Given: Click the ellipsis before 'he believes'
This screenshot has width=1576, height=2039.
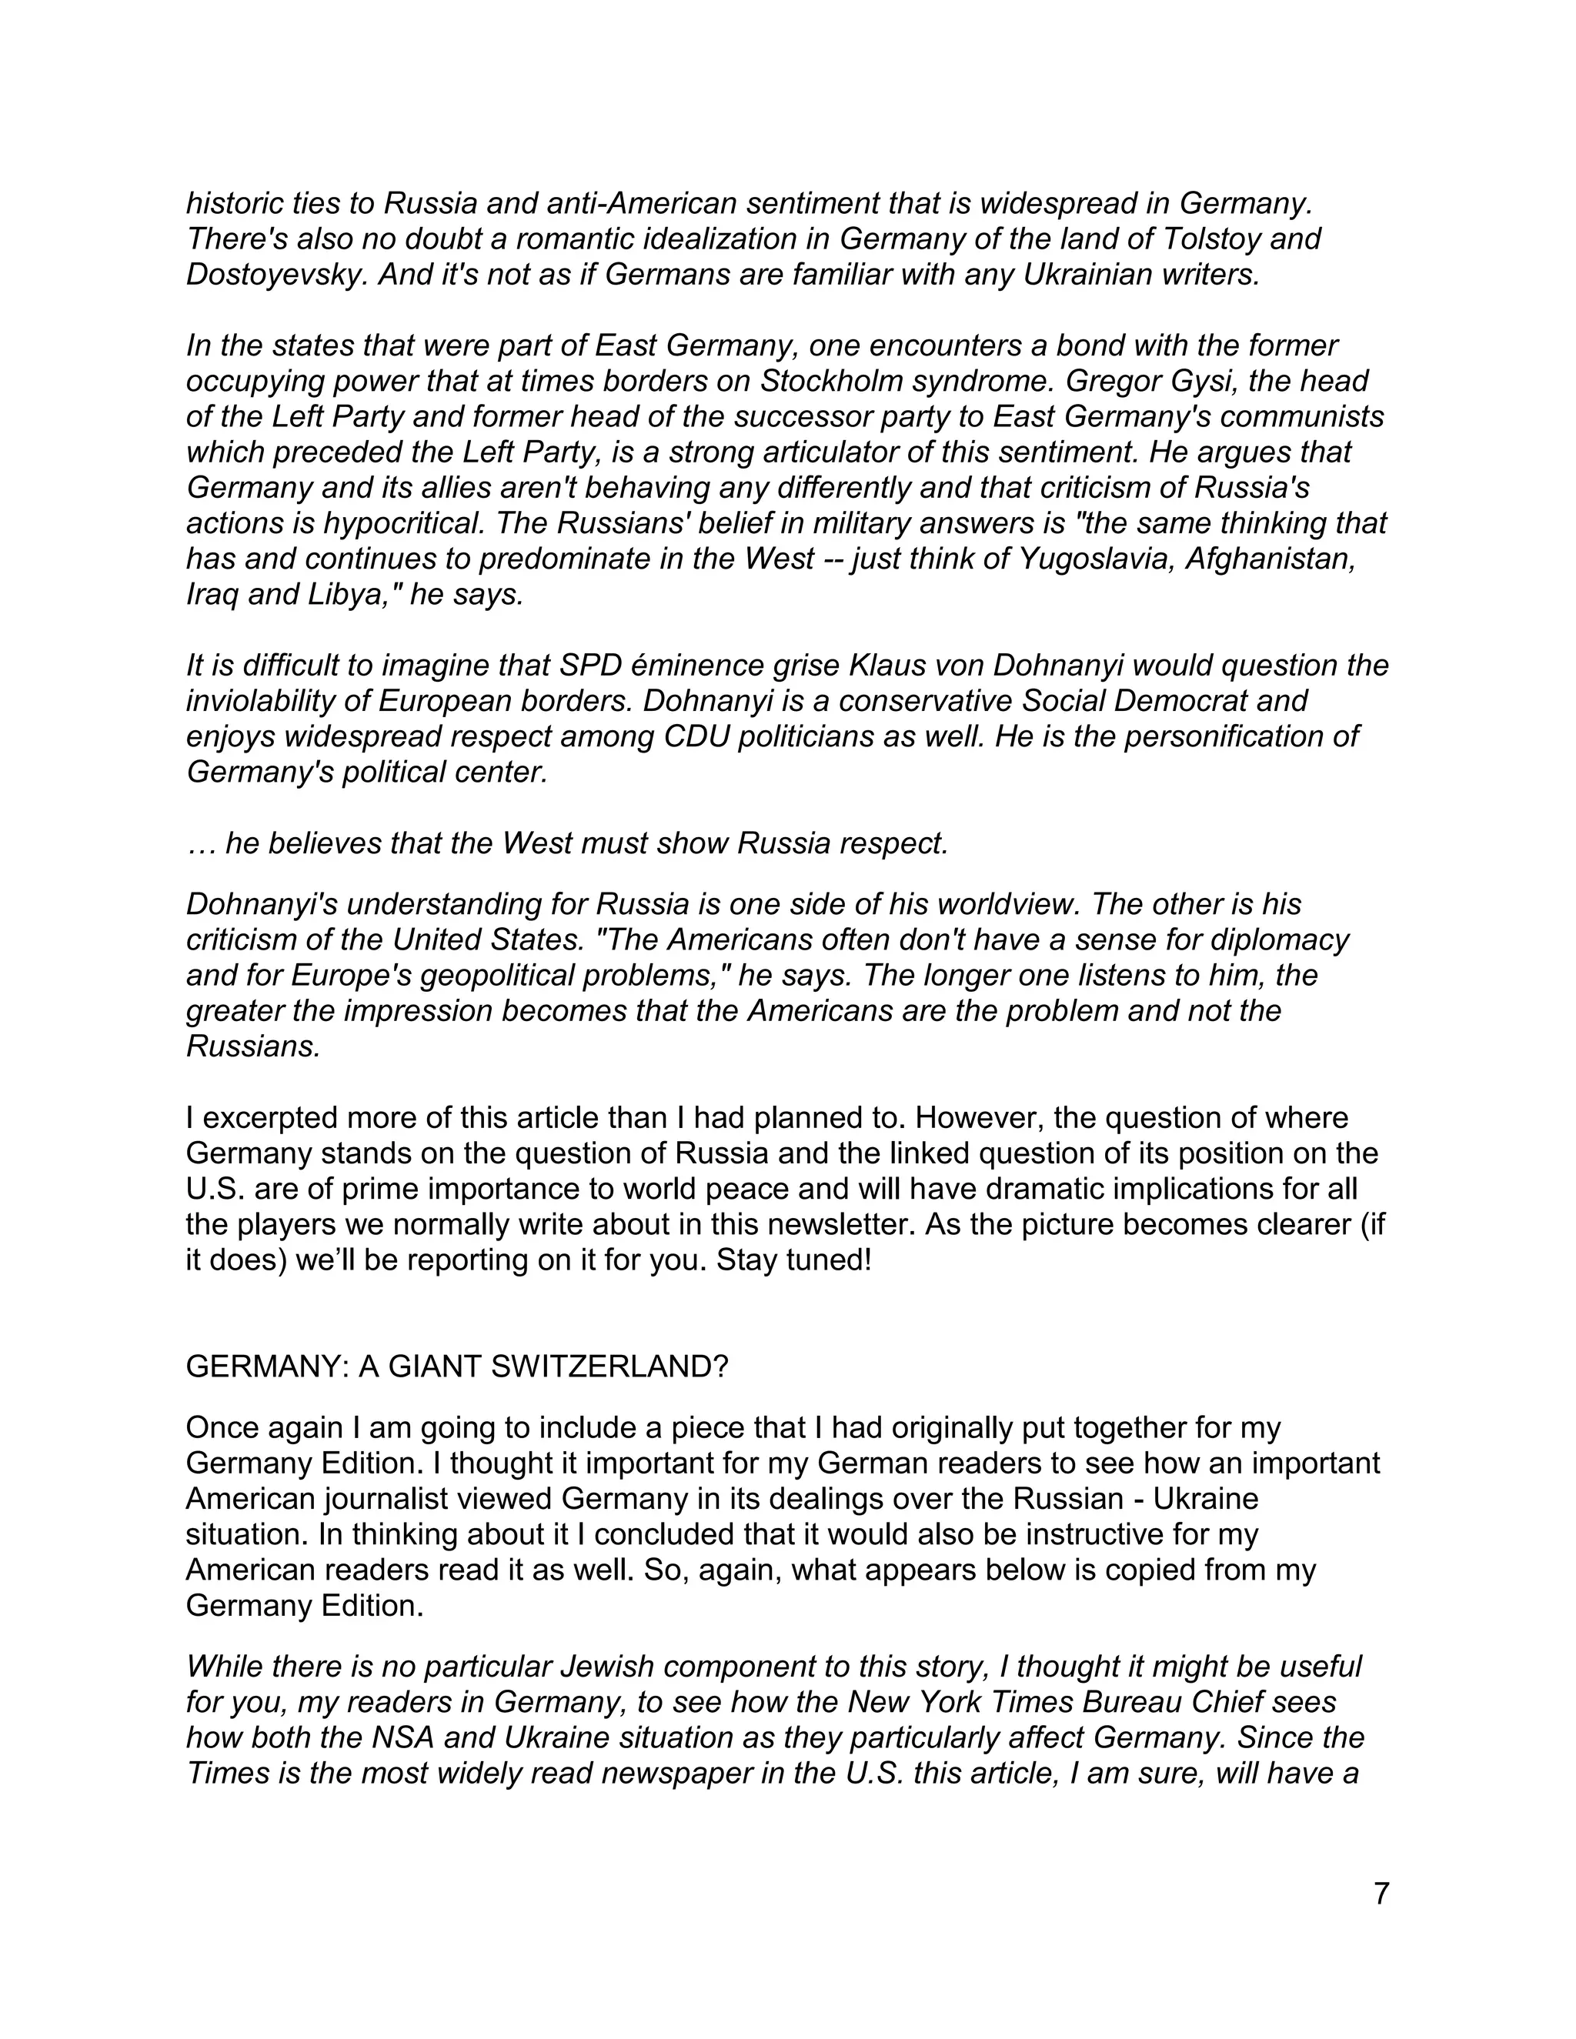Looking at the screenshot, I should [201, 843].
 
